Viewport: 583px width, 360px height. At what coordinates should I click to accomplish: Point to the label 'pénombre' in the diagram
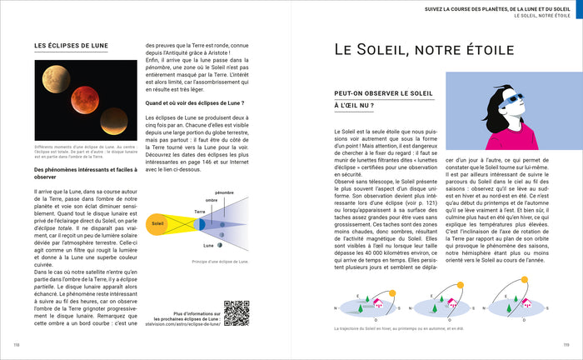coord(224,192)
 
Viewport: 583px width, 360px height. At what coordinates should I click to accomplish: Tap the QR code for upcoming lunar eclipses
coord(237,312)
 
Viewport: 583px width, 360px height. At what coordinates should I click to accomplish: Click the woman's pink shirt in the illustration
coord(517,133)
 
